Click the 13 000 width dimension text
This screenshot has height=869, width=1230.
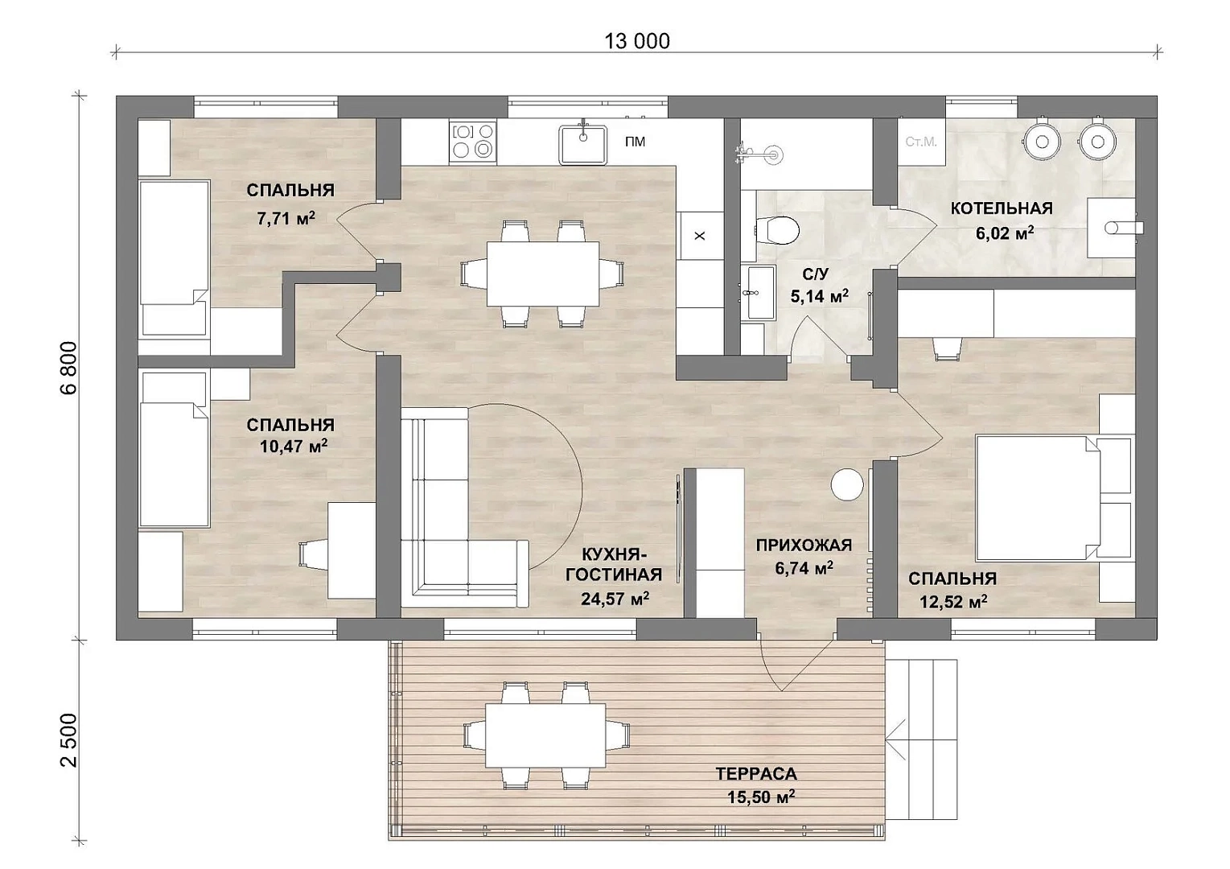tap(637, 41)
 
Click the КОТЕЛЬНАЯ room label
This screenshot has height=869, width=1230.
tap(1002, 208)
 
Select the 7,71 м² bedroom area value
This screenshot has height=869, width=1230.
tap(286, 219)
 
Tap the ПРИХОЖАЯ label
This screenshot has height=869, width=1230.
tap(804, 546)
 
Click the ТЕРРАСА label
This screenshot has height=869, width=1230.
tap(756, 773)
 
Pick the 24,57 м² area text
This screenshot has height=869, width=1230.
tap(615, 598)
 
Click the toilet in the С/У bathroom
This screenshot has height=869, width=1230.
tap(776, 231)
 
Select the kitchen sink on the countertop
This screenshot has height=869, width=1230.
tap(583, 144)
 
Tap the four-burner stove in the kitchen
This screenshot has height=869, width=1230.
tap(473, 142)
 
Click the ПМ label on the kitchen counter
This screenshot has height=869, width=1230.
tap(635, 142)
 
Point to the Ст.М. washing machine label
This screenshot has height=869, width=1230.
tap(921, 142)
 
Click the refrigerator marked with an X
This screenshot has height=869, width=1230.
tap(700, 236)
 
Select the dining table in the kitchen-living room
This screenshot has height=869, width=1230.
tap(542, 274)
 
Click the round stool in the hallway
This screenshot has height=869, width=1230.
tap(847, 484)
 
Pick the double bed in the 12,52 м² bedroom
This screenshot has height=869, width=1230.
tap(1039, 498)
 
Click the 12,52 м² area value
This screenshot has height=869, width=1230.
tap(953, 602)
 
